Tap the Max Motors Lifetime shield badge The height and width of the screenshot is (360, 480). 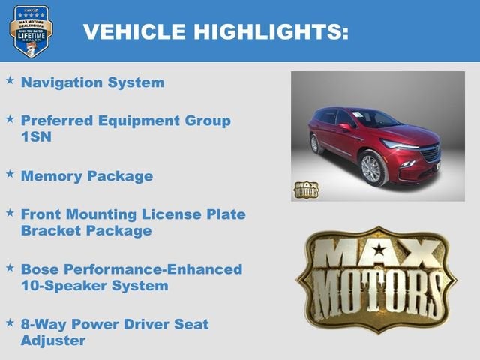tap(31, 31)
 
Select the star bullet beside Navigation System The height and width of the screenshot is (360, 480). tap(10, 79)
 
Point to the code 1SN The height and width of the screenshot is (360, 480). tap(37, 138)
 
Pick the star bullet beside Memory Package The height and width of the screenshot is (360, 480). tap(10, 173)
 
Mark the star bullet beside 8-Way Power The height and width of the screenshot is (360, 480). tap(10, 322)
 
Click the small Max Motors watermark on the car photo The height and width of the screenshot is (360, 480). tap(305, 189)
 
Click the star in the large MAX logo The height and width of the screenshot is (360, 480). tap(379, 250)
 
